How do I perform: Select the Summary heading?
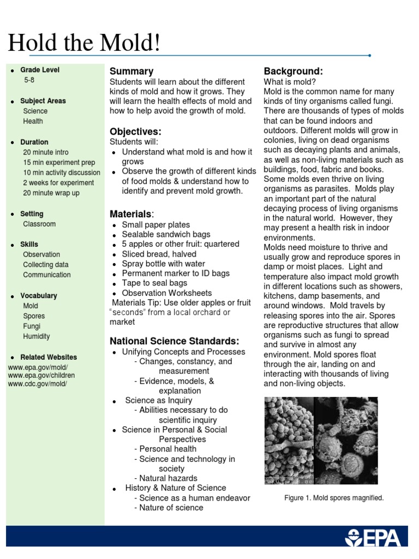click(x=131, y=72)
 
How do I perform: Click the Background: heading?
click(x=294, y=72)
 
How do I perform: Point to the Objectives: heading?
click(x=135, y=132)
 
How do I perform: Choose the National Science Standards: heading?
click(x=175, y=341)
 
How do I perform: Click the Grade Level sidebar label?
click(x=40, y=70)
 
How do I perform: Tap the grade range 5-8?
click(x=29, y=80)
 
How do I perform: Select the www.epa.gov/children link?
click(x=41, y=376)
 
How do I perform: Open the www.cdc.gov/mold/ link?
click(x=38, y=384)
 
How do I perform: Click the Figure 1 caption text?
click(x=334, y=498)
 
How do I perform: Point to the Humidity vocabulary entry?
click(x=37, y=337)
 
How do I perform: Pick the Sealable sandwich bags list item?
click(x=166, y=235)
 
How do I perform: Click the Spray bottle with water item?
click(x=164, y=264)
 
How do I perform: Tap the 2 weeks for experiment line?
click(x=58, y=183)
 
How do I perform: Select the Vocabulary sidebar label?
click(x=39, y=296)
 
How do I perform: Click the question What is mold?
click(x=289, y=82)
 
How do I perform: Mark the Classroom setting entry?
click(x=39, y=224)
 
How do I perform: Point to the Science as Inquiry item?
click(x=159, y=401)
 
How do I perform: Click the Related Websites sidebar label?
click(x=49, y=358)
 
